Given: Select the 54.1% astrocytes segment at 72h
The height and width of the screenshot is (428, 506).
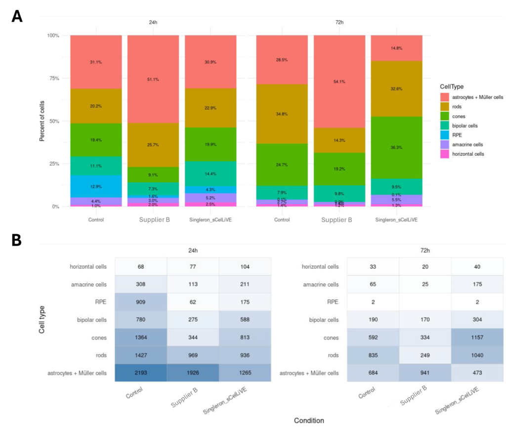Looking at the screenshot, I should click(x=339, y=82).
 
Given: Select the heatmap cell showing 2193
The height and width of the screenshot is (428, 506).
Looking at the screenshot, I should click(x=141, y=373).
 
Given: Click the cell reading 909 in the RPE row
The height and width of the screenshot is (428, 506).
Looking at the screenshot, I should click(x=141, y=302).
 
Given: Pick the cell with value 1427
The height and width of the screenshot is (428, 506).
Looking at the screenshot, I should click(x=141, y=355).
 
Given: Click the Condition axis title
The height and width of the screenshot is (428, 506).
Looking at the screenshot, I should click(x=309, y=421).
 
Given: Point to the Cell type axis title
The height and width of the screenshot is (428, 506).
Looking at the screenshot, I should click(x=42, y=320).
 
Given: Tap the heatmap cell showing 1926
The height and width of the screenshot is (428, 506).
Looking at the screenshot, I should click(x=193, y=373).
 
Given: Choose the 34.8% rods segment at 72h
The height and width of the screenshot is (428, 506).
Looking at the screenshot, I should click(x=282, y=114).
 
